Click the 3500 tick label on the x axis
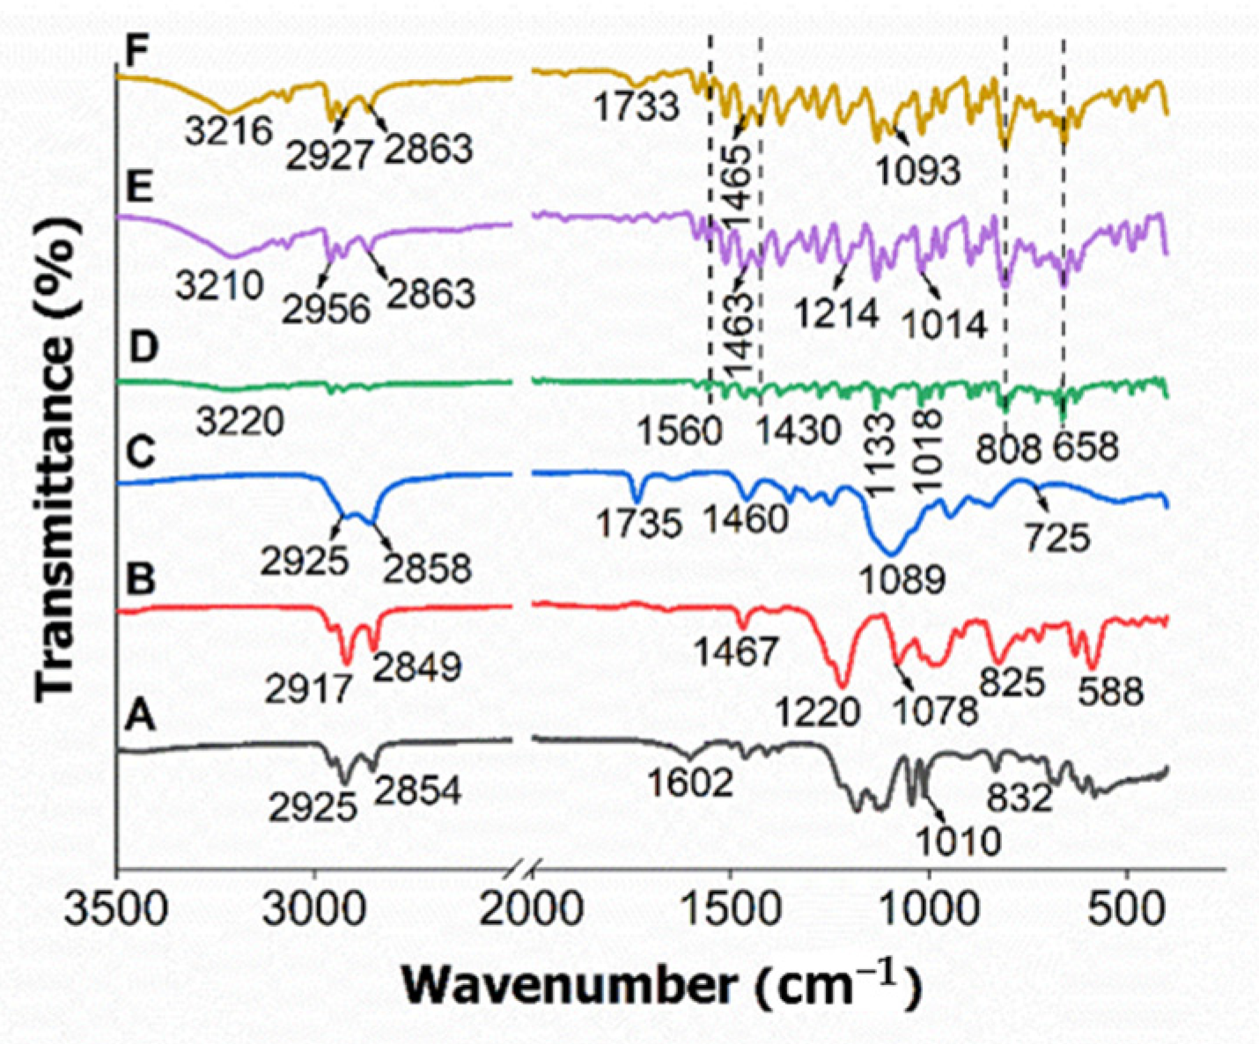117,908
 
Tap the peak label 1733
636,107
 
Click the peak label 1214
836,312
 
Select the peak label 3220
239,422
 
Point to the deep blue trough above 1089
891,551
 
